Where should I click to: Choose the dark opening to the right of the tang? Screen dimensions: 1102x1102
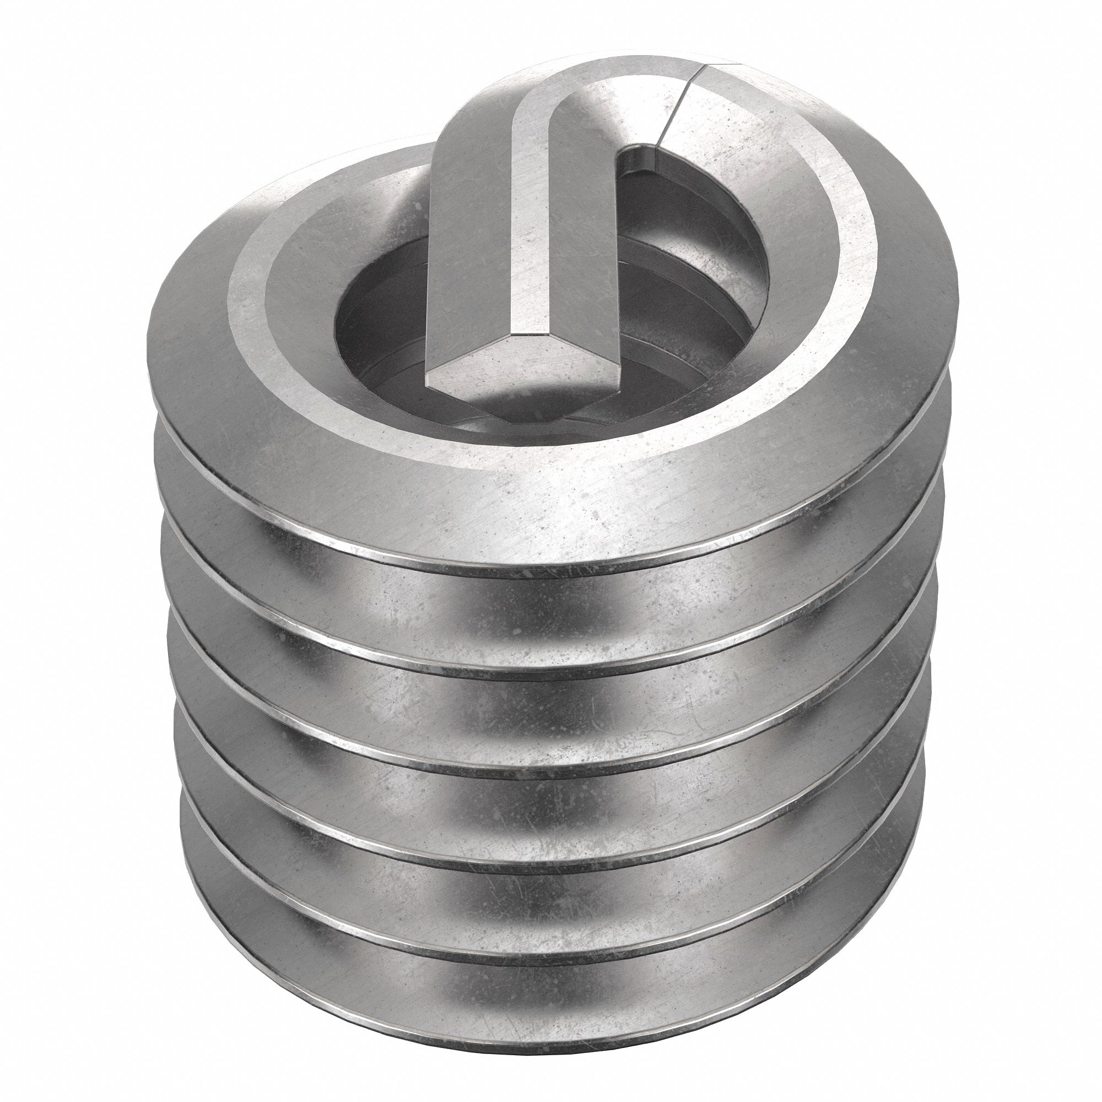(701, 240)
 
